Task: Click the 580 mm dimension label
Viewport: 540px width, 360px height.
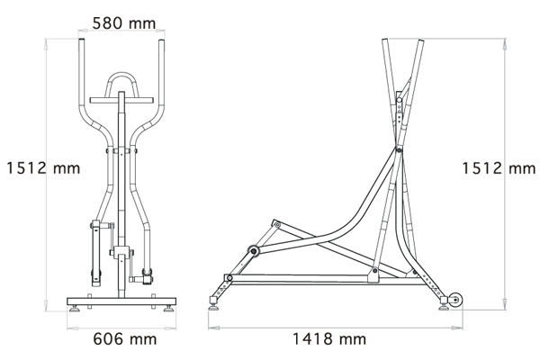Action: point(124,23)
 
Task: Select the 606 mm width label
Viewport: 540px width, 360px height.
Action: point(125,339)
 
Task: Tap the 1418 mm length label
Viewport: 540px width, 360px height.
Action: point(329,339)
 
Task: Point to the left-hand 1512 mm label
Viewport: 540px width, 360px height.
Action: point(43,168)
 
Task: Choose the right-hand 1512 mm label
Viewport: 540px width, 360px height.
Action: point(499,168)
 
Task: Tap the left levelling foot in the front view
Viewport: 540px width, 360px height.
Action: point(75,309)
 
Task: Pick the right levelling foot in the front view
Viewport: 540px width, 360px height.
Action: point(168,309)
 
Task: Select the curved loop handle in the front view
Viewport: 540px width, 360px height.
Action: point(121,74)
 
